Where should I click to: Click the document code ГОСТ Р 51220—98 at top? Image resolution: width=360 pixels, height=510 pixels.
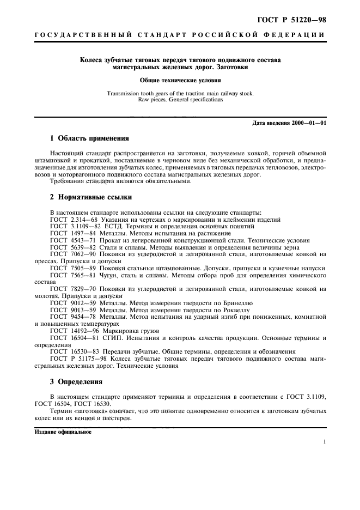click(x=295, y=20)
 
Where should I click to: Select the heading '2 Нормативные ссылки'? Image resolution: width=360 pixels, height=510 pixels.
click(x=90, y=197)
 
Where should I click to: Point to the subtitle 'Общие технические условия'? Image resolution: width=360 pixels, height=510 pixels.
click(x=180, y=80)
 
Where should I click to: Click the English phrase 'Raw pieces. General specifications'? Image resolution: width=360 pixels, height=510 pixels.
click(x=180, y=100)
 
